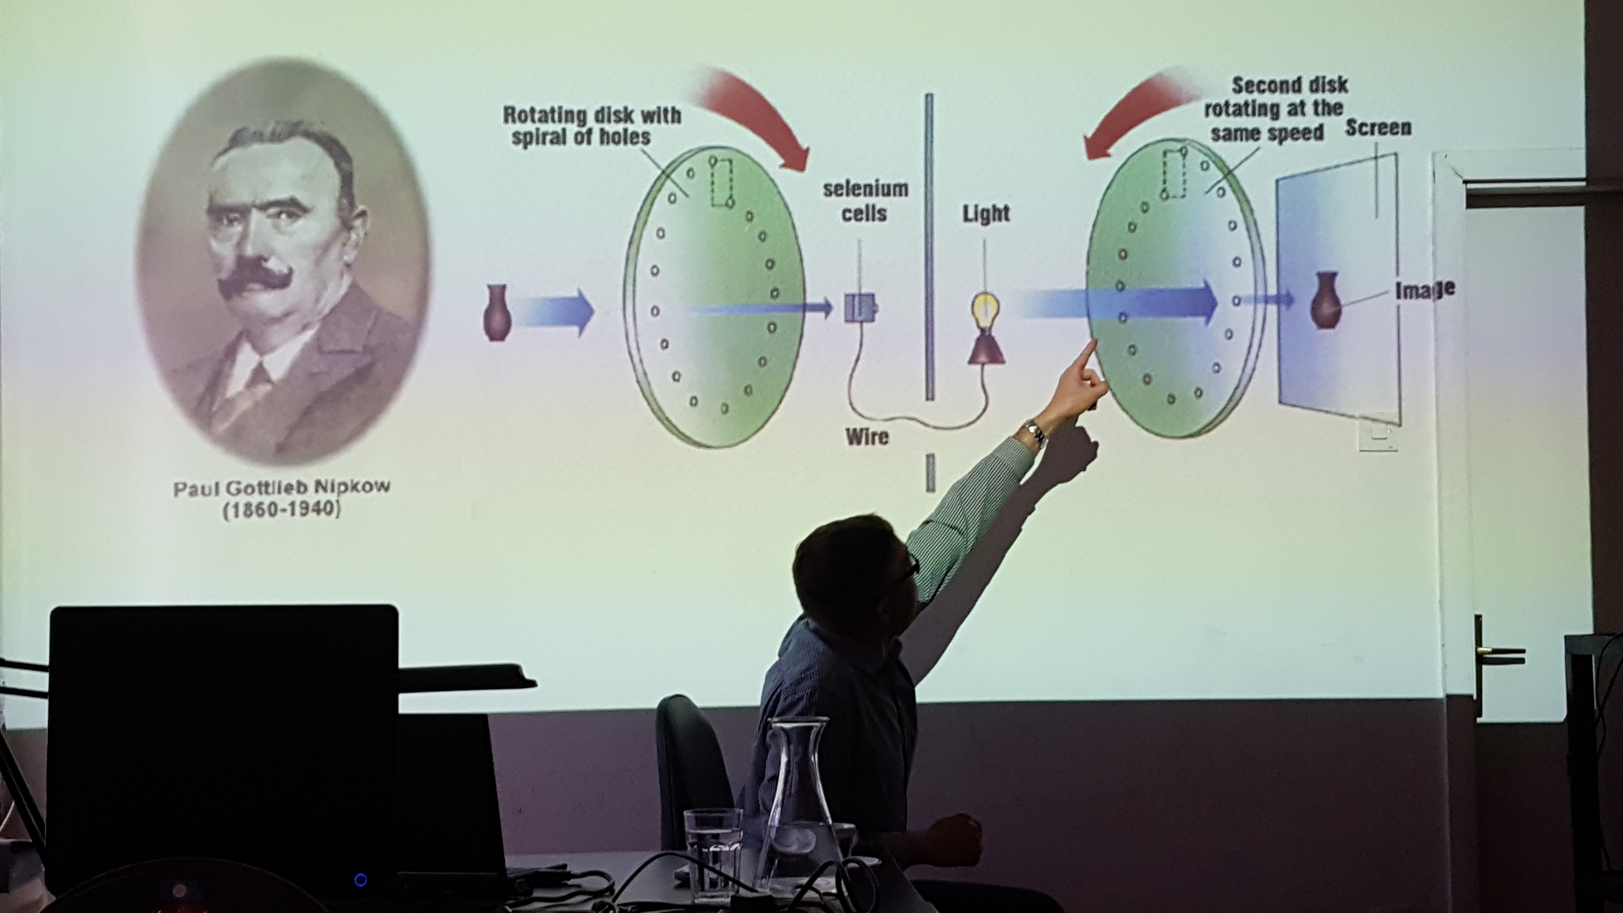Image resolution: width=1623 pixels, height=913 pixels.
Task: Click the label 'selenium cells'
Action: point(865,201)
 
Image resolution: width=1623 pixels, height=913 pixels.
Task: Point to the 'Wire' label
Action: point(867,436)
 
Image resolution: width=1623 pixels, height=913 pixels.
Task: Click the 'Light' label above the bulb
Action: point(986,214)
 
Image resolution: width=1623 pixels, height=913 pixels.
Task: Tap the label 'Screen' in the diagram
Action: point(1379,128)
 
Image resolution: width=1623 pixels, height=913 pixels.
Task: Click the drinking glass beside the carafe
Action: point(713,851)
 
